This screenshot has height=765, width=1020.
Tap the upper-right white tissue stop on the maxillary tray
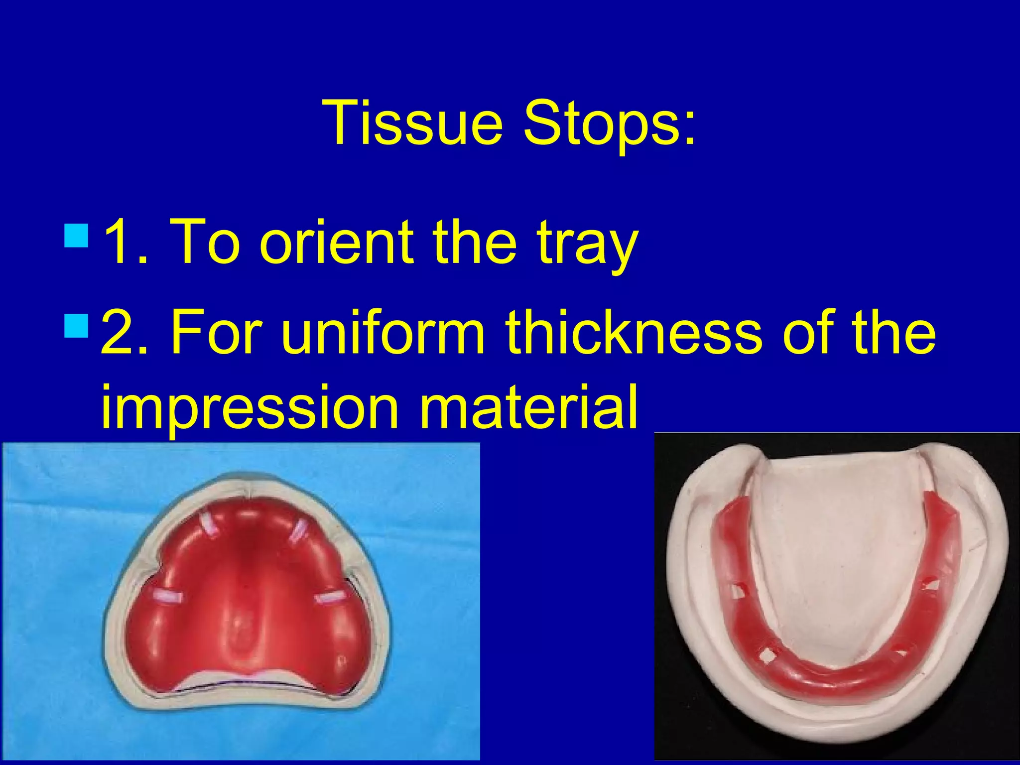(x=299, y=531)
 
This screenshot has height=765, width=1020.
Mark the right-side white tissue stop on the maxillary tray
(x=329, y=596)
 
